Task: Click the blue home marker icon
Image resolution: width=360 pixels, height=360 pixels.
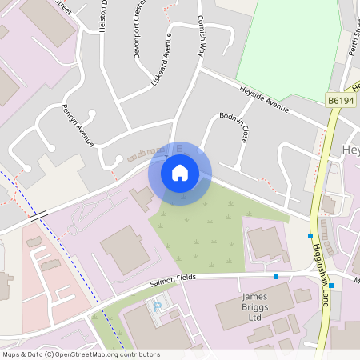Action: click(180, 173)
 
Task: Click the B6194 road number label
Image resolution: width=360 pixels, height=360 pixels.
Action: click(340, 99)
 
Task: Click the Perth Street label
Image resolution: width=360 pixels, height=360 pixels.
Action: click(350, 23)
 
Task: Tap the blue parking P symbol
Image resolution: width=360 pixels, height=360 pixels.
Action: click(157, 307)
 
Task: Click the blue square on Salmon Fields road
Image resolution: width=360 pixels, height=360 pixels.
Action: click(276, 277)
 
